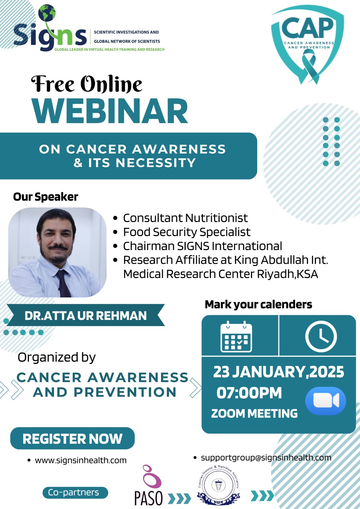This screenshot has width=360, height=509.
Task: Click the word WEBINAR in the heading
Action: pyautogui.click(x=110, y=111)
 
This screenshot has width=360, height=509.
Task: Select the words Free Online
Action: pyautogui.click(x=87, y=84)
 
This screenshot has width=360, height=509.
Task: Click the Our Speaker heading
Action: pyautogui.click(x=46, y=197)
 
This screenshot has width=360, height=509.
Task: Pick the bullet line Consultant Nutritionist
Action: pyautogui.click(x=185, y=218)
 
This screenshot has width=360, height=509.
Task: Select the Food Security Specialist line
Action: pyautogui.click(x=187, y=232)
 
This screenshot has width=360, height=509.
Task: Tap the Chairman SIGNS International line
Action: pyautogui.click(x=203, y=246)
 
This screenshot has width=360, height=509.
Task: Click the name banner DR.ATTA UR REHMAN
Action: pyautogui.click(x=86, y=316)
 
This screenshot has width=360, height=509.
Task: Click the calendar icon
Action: pyautogui.click(x=236, y=337)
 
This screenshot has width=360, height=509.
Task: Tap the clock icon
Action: pyautogui.click(x=321, y=337)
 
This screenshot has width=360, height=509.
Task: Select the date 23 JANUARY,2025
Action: pyautogui.click(x=279, y=372)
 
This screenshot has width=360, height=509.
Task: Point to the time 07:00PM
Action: pyautogui.click(x=249, y=393)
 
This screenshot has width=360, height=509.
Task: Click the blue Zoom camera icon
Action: pyautogui.click(x=326, y=401)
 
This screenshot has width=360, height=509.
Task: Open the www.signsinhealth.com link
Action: pyautogui.click(x=81, y=460)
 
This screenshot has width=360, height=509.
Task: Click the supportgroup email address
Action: pyautogui.click(x=266, y=458)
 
